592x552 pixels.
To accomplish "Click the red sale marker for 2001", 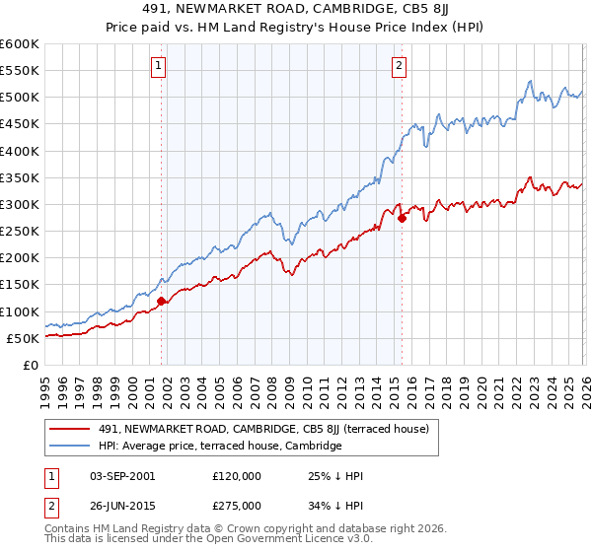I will click(161, 301).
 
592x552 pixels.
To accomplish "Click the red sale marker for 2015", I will click(402, 219).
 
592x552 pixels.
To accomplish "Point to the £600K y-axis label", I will click(20, 44).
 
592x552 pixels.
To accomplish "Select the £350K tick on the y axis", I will click(20, 178).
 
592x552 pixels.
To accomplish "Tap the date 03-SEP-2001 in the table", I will click(117, 476).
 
